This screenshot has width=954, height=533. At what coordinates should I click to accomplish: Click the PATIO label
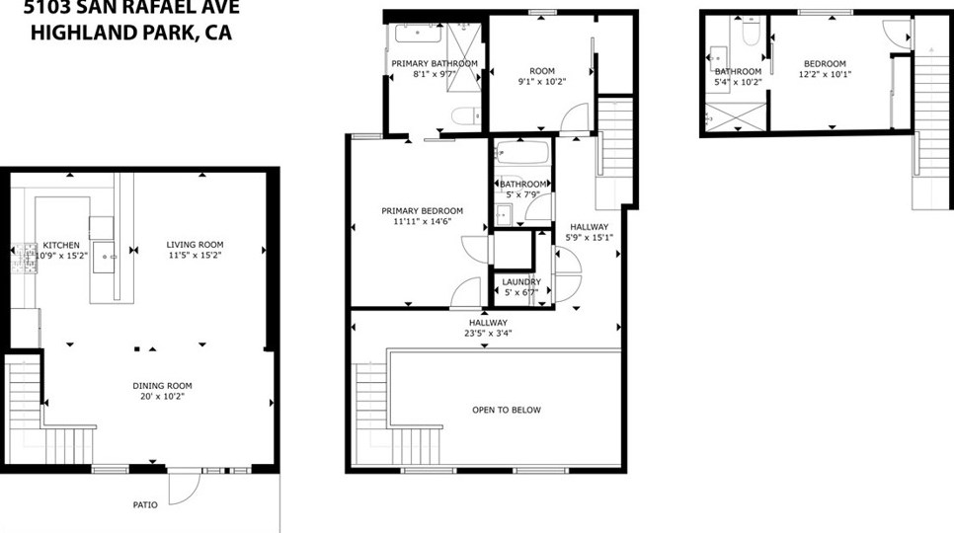point(145,505)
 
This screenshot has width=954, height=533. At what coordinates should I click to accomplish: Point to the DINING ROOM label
point(163,386)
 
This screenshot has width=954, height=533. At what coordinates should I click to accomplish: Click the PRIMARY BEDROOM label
point(422,210)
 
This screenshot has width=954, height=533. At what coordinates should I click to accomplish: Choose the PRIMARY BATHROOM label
point(434,63)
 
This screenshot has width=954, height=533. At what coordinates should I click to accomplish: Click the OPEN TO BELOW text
point(506,410)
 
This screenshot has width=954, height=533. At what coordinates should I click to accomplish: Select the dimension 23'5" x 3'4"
point(488,334)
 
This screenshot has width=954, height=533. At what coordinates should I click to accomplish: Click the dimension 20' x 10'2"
point(163,397)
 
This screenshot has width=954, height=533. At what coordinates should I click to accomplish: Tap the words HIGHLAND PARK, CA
point(131,33)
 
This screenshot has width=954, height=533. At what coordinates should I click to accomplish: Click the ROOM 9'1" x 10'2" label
point(542,71)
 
